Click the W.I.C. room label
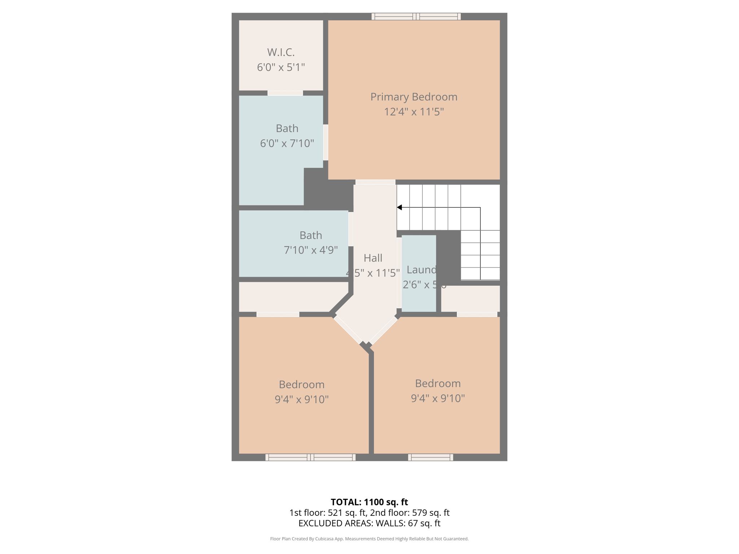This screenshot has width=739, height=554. (281, 53)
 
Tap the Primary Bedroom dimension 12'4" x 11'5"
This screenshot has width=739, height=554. (414, 112)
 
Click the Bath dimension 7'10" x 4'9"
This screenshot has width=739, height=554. (311, 250)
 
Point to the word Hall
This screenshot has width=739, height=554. (373, 258)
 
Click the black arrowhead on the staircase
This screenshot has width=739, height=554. (399, 207)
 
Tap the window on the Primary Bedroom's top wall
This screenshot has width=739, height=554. (416, 16)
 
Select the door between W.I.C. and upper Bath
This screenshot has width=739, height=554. (285, 93)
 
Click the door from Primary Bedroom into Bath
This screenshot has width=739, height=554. (325, 142)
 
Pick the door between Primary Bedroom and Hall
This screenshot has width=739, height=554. (375, 182)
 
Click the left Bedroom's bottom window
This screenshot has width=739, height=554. (310, 457)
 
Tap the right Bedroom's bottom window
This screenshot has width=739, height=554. (430, 457)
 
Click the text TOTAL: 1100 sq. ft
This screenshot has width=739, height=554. (369, 502)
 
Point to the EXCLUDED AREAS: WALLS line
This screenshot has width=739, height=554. (369, 523)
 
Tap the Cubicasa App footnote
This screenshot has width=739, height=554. (369, 539)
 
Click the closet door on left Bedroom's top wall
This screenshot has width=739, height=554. (278, 315)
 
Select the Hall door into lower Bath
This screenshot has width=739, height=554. (351, 229)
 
